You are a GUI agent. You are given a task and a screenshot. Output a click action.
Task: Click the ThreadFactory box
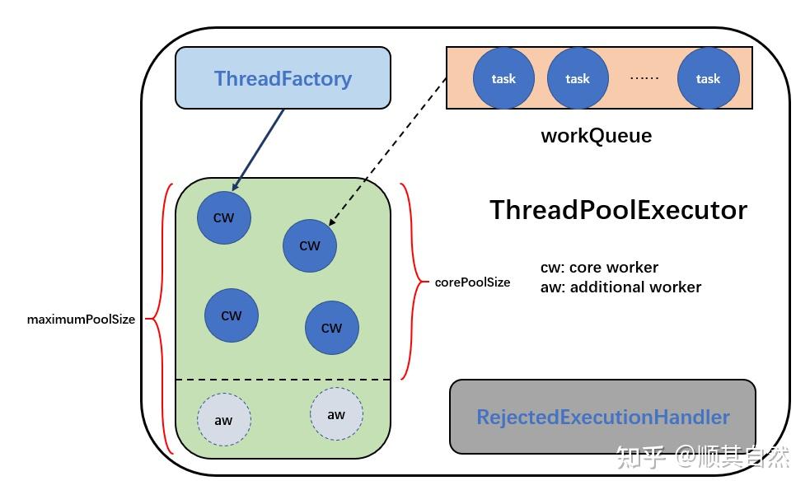(283, 78)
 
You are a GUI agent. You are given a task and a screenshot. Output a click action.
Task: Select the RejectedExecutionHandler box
(602, 417)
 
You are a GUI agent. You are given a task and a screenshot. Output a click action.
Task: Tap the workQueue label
(596, 136)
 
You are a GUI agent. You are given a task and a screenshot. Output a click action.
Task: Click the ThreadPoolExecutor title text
(618, 210)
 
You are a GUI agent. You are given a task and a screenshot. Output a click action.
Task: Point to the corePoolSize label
(472, 282)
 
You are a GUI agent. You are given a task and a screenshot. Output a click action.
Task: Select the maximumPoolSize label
(81, 320)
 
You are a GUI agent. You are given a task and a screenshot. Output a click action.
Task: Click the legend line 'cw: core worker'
(599, 268)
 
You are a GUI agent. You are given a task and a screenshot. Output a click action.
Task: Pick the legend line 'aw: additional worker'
(620, 287)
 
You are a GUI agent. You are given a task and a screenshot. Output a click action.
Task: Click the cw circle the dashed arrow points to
(309, 245)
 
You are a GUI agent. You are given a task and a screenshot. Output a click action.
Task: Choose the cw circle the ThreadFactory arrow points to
(223, 218)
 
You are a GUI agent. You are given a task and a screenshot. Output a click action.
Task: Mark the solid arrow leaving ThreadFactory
(259, 148)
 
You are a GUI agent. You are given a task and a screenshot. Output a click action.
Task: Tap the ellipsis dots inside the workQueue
(644, 78)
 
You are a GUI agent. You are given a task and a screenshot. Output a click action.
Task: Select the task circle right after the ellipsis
(708, 79)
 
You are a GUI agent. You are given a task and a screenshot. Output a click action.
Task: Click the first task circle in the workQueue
(503, 79)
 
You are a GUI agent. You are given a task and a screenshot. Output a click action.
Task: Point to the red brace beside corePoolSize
(409, 281)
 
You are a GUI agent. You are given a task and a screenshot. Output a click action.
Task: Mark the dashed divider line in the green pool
(283, 380)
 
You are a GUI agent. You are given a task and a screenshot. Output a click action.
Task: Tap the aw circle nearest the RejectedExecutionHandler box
(336, 414)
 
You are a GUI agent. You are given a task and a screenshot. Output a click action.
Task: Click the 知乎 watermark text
(641, 456)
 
